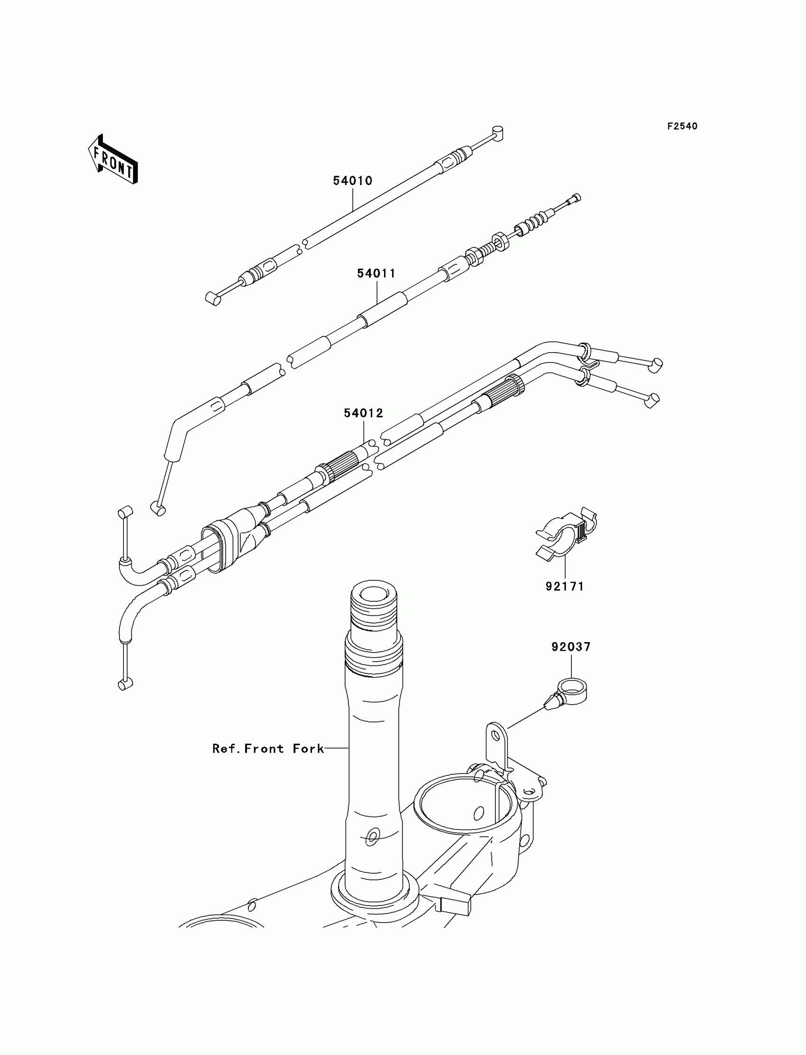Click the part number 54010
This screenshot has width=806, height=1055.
tap(353, 181)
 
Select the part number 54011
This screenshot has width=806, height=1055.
tap(376, 274)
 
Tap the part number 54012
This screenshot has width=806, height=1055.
tap(363, 413)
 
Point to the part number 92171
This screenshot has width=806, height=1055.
tap(564, 586)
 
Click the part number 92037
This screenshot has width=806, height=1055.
tap(571, 647)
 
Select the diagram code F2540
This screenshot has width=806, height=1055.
tap(682, 126)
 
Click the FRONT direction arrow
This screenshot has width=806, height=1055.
tap(113, 159)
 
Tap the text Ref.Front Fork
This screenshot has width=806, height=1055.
tap(268, 748)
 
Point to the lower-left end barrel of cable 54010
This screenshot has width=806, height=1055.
tap(213, 299)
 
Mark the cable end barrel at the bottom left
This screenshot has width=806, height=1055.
tap(125, 685)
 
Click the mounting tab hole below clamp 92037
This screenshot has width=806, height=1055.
tap(494, 747)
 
